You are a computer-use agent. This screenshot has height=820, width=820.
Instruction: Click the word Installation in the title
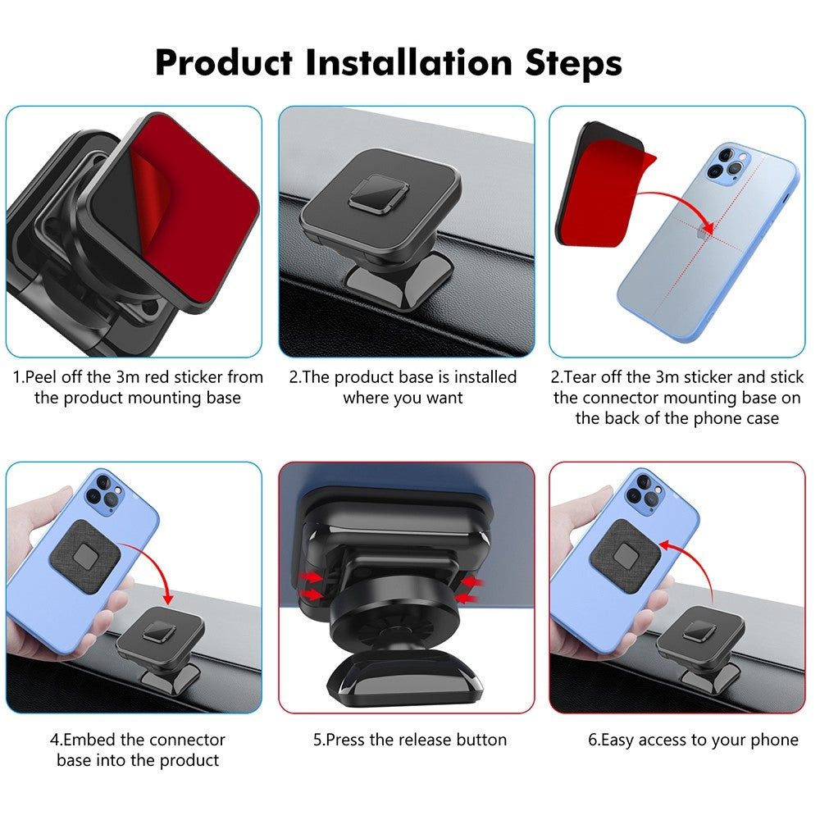408,63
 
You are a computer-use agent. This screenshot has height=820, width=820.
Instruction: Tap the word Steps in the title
573,65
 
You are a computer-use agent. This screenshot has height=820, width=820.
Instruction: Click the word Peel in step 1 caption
41,377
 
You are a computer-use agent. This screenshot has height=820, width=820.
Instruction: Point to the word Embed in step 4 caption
89,740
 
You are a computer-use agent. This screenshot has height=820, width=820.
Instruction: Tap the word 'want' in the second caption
444,399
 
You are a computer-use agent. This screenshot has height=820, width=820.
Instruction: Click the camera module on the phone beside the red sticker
728,162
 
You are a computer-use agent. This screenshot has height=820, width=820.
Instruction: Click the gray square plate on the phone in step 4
85,556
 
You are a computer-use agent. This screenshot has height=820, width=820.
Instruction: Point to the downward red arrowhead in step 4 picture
168,597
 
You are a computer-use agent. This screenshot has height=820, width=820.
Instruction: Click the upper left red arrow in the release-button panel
310,576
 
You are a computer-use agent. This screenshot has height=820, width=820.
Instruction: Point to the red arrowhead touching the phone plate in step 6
665,545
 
